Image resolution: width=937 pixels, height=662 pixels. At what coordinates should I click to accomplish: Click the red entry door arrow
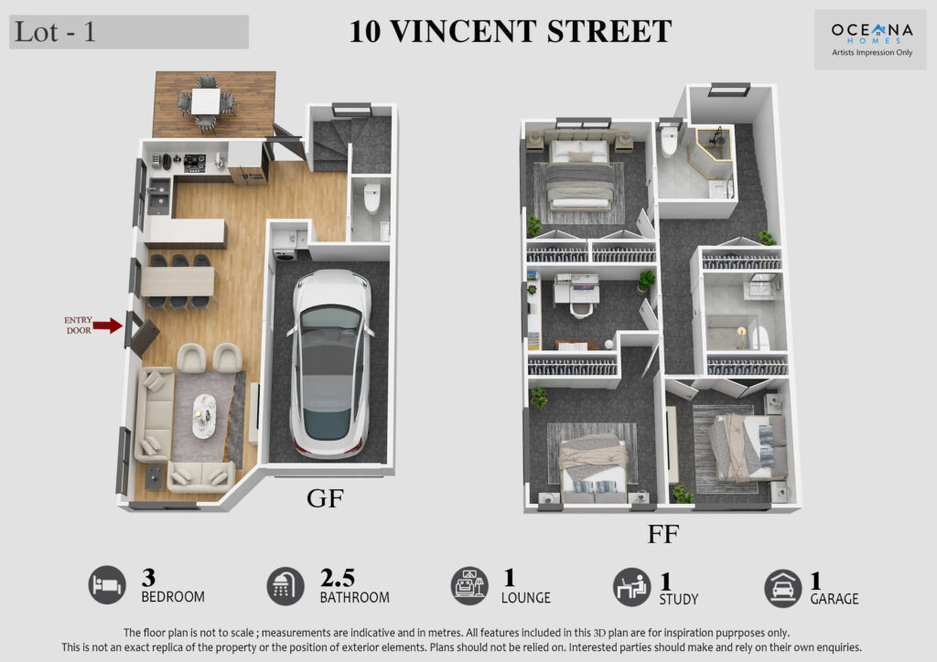108,326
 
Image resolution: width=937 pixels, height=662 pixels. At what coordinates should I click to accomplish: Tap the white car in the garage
329,364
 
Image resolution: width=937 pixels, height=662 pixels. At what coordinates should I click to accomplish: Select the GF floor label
325,498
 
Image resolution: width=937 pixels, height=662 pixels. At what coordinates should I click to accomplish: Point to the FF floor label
663,534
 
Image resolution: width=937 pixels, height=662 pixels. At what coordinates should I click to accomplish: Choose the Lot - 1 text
55,32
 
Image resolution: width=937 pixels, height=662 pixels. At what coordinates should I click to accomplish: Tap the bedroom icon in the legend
108,585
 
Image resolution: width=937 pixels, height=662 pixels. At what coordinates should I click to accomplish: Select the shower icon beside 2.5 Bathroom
285,586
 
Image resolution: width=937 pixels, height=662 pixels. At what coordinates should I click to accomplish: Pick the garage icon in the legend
783,588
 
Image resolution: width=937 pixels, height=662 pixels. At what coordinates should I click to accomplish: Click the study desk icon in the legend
631,587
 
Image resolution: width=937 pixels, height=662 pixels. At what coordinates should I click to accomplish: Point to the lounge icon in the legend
469,585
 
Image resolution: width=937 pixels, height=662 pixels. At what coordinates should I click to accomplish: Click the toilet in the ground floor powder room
372,198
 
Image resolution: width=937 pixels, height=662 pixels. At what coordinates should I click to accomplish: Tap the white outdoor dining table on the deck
206,101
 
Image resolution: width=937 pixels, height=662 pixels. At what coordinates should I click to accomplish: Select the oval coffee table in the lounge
204,415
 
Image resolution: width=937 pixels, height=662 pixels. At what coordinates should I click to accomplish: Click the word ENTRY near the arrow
79,320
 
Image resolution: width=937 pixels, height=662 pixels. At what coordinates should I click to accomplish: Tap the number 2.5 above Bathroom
338,578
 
